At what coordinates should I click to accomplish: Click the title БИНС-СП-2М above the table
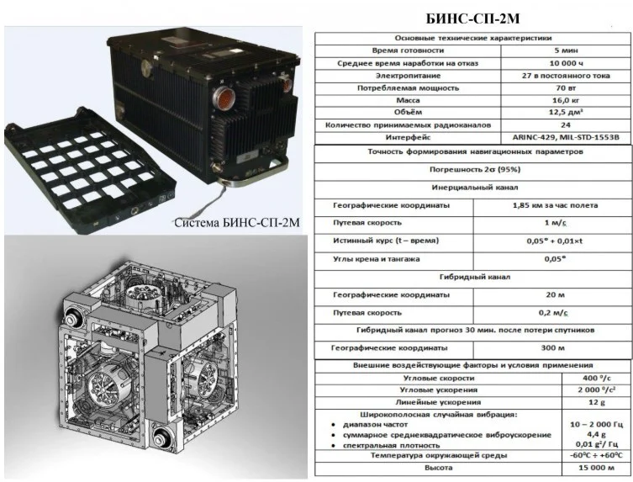pyautogui.click(x=472, y=19)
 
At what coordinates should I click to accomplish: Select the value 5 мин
pyautogui.click(x=566, y=50)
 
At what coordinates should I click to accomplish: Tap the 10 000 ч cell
pyautogui.click(x=566, y=63)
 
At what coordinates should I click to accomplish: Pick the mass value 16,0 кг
pyautogui.click(x=566, y=100)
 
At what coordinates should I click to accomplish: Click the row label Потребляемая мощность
pyautogui.click(x=408, y=88)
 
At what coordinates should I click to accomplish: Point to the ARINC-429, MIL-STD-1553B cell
pyautogui.click(x=566, y=137)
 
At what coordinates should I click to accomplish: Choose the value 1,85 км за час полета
pyautogui.click(x=555, y=205)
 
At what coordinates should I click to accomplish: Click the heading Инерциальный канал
pyautogui.click(x=475, y=188)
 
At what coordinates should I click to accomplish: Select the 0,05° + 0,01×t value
pyautogui.click(x=555, y=241)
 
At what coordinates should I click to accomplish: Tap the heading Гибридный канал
pyautogui.click(x=475, y=277)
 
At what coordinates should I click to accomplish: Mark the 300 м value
pyautogui.click(x=552, y=348)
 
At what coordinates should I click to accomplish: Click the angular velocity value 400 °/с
pyautogui.click(x=596, y=379)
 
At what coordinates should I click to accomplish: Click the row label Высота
pyautogui.click(x=439, y=468)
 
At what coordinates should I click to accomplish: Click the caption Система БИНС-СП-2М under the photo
pyautogui.click(x=237, y=223)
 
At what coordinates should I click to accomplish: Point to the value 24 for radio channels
pyautogui.click(x=566, y=125)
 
